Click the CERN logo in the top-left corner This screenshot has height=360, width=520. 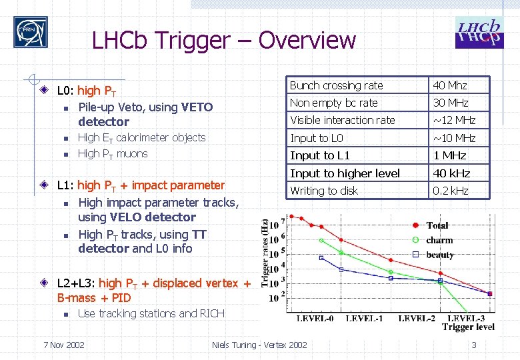[31, 32]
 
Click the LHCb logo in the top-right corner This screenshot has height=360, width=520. [479, 33]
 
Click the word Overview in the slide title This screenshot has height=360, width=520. [307, 41]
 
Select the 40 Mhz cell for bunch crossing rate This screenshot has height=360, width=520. [450, 85]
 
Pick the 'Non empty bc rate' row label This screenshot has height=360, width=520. [333, 103]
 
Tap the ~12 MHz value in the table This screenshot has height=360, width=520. [453, 120]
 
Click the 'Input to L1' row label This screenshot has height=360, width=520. [320, 155]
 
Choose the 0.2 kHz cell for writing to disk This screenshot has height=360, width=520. [451, 191]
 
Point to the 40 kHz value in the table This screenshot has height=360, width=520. [451, 173]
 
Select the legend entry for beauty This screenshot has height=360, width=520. [439, 255]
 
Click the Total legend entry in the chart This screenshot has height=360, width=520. [437, 225]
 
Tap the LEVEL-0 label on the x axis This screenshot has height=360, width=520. [316, 319]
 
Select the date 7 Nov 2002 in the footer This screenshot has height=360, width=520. [63, 345]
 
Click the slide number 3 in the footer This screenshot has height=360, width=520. [473, 345]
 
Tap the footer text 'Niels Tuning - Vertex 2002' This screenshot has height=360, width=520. [259, 345]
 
